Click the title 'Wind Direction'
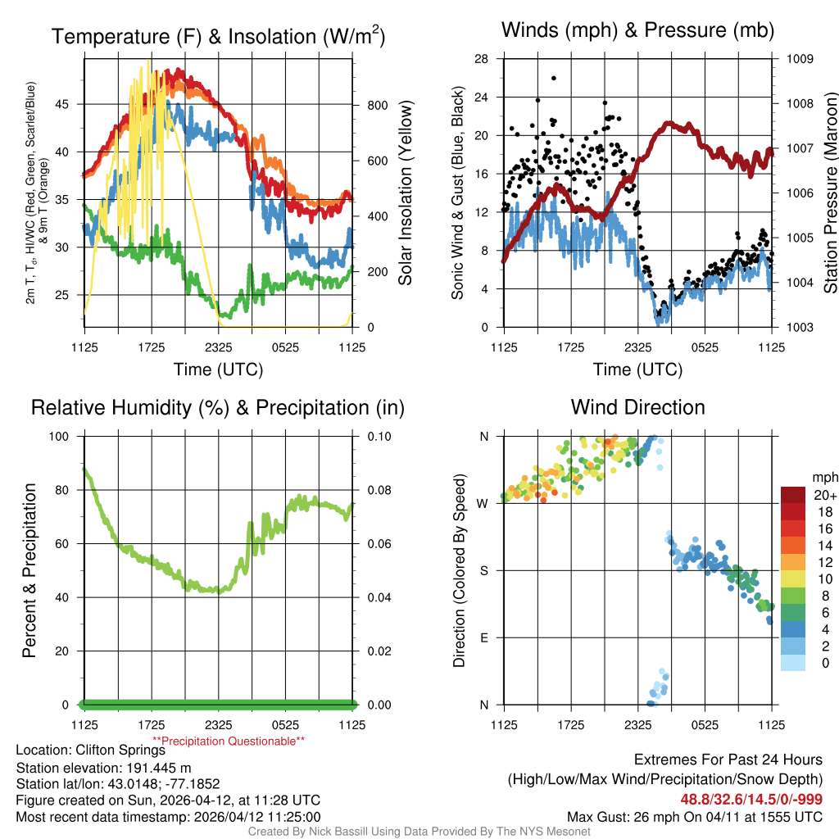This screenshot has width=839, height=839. click(x=637, y=407)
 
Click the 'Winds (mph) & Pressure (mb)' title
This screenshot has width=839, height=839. click(x=637, y=30)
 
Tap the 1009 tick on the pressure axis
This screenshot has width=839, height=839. click(x=800, y=59)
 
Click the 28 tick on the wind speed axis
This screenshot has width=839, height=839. click(x=482, y=59)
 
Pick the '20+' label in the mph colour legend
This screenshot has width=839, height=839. click(x=824, y=496)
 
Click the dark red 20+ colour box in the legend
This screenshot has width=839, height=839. click(x=795, y=495)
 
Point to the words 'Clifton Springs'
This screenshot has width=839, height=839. click(x=120, y=750)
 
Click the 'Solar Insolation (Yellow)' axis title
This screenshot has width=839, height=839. click(x=405, y=193)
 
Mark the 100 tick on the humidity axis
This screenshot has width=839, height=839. click(x=62, y=436)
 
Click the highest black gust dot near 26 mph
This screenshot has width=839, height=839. click(x=554, y=78)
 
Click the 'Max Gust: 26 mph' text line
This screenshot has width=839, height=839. click(x=695, y=817)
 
